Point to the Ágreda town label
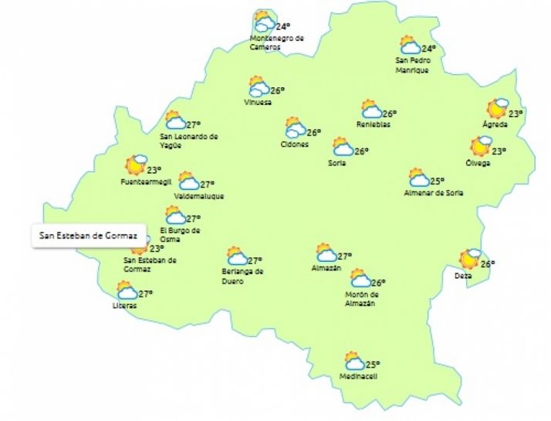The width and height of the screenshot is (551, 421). [495, 124]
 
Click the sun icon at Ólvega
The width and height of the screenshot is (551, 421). [482, 145]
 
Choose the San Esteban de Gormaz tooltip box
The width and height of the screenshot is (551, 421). [83, 235]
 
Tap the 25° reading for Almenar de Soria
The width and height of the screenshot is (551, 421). [438, 181]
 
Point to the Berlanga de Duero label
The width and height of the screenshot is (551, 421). [243, 276]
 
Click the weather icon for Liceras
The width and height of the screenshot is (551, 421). [126, 290]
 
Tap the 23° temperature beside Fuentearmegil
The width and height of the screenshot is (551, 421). [154, 170]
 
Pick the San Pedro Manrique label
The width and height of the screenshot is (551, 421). [411, 64]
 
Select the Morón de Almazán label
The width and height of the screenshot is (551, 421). [361, 298]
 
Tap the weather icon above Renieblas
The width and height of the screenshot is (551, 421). [372, 109]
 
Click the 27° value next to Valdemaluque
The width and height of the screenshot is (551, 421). [207, 185]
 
